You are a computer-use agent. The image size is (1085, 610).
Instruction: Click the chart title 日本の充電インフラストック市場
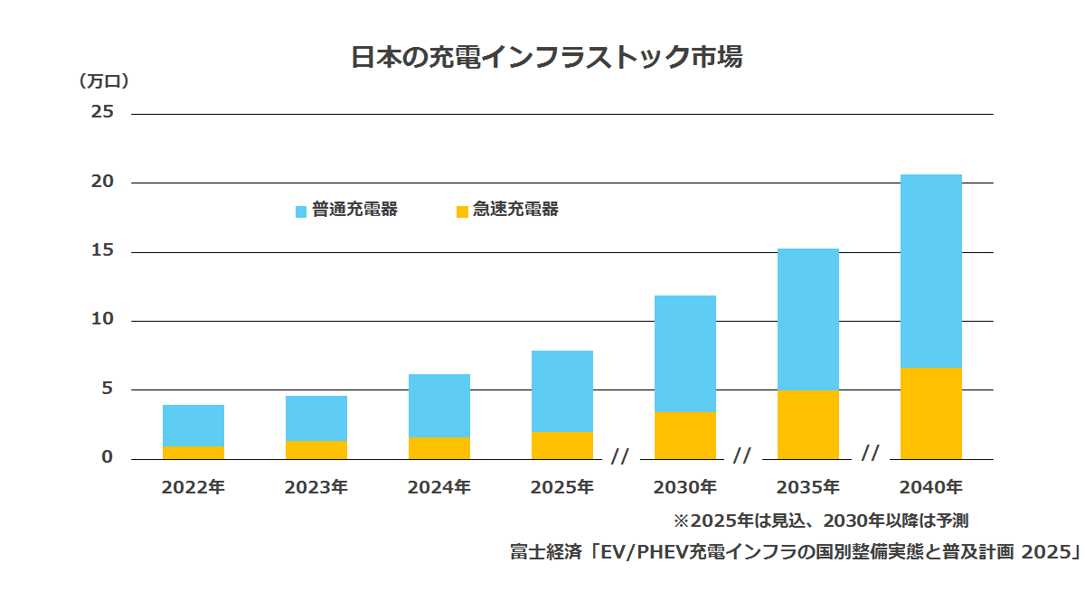pos(546,57)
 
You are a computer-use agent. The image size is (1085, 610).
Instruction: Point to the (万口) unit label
pos(104,80)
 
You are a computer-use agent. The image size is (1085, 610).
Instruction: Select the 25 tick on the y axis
pos(102,112)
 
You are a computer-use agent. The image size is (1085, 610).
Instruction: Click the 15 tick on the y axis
pos(102,250)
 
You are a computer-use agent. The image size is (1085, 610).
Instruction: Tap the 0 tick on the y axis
pos(107,457)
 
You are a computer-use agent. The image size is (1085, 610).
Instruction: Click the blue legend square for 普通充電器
pos(301,211)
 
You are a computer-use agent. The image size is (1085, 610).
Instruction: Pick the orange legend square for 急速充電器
pos(462,211)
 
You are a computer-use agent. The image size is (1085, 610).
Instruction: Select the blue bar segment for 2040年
pos(931,271)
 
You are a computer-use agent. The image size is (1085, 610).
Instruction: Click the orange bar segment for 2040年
pos(931,414)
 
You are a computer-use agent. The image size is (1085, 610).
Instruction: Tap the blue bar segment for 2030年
pos(685,354)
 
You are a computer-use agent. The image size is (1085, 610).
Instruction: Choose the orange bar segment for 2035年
pos(808,425)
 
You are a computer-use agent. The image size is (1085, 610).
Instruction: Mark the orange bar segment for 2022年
pos(193,453)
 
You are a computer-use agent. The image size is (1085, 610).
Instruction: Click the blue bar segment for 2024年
pos(439,406)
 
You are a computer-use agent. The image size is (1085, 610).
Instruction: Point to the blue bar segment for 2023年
pos(316,418)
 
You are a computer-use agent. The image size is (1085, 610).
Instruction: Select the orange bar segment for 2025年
pos(561,446)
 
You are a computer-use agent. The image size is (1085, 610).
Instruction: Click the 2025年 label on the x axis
pos(561,487)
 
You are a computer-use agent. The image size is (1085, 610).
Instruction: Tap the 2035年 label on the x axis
pos(808,487)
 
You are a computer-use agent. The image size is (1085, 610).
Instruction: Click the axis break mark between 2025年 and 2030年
pos(620,456)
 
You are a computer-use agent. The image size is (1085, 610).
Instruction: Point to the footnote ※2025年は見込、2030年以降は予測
pos(821,521)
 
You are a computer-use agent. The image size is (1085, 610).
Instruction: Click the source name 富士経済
pos(546,551)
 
